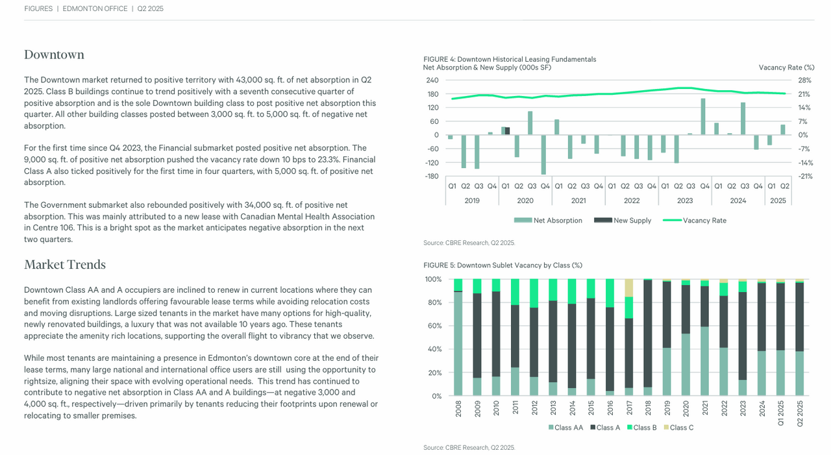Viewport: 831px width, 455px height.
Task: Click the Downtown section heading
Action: pos(54,55)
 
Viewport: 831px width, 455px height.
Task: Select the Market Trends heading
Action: pos(64,265)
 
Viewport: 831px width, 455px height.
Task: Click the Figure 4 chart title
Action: pos(509,59)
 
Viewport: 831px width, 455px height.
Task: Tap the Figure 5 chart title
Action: pos(502,265)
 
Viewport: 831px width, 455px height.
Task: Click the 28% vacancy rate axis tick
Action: pos(805,80)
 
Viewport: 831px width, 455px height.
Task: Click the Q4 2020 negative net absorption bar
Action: pos(543,154)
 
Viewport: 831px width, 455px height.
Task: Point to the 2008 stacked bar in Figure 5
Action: pos(458,338)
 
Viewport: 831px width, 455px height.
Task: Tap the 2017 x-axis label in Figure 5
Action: pos(628,410)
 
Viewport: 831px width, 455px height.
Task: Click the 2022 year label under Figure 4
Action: pos(632,201)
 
